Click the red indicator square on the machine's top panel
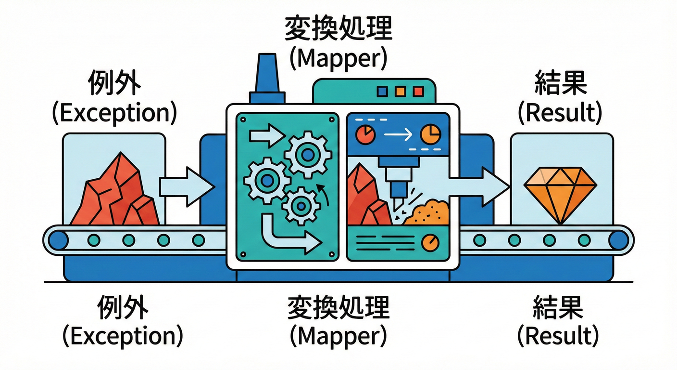[418, 91]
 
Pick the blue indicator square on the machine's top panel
[383, 91]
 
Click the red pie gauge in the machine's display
[365, 134]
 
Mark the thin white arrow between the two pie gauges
[398, 135]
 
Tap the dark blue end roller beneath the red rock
[59, 239]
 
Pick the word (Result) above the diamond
[560, 112]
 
